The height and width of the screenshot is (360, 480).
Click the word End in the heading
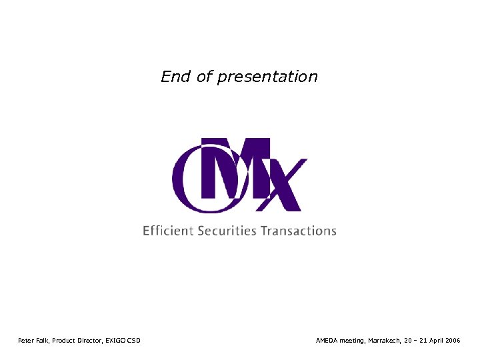tap(176, 77)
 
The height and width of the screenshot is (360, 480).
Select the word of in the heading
tap(204, 77)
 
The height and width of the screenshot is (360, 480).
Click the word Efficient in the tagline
tap(168, 231)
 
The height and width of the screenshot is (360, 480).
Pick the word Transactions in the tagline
tap(299, 231)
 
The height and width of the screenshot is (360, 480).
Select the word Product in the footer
tap(66, 341)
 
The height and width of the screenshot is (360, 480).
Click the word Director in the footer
tap(92, 341)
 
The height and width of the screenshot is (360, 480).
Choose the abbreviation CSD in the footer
tap(134, 341)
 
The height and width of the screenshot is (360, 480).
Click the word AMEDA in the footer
tap(327, 341)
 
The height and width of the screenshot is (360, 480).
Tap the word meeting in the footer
tap(352, 341)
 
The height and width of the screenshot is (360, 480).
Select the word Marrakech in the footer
tap(384, 341)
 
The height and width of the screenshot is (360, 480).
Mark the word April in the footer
tap(437, 341)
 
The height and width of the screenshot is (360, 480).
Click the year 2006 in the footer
tap(454, 341)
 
